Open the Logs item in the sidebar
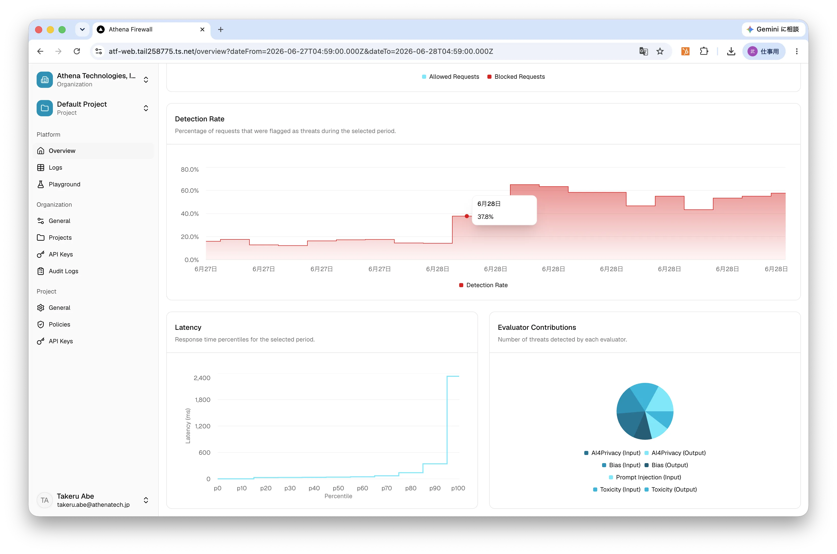55,168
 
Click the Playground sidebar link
64,184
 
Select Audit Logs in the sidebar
63,271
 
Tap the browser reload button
77,51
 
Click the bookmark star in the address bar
660,51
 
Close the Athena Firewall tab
202,29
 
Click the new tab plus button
221,29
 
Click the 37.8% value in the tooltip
485,217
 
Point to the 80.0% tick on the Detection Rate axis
190,170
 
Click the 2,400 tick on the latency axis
202,378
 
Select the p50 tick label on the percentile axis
338,488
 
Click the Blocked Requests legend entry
516,77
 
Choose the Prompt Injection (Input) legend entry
645,477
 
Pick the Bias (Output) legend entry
666,465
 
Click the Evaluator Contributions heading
537,328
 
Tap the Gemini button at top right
773,29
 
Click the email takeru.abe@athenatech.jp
93,504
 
